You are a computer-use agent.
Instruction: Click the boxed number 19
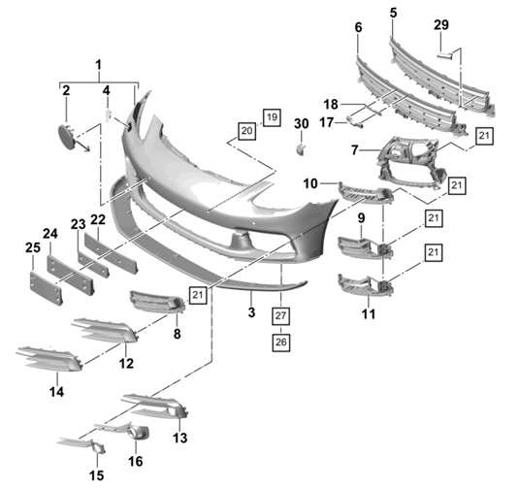[272, 117]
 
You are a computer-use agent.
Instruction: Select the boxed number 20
[247, 131]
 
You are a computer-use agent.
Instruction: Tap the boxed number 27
[280, 315]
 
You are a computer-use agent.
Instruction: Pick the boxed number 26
[281, 342]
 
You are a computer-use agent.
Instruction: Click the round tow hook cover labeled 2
[68, 137]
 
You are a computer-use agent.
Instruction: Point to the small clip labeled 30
[301, 149]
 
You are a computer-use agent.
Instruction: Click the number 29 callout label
[441, 25]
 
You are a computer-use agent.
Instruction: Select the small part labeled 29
[444, 55]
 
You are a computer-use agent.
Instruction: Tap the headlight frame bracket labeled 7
[409, 163]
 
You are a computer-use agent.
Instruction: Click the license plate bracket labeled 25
[46, 288]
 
